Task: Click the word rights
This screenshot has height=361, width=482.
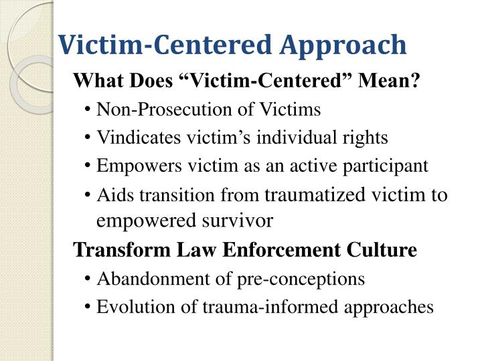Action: click(x=365, y=138)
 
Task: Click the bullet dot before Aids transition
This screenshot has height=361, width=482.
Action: click(x=89, y=195)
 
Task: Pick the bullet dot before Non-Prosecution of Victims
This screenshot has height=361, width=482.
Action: click(x=89, y=110)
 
